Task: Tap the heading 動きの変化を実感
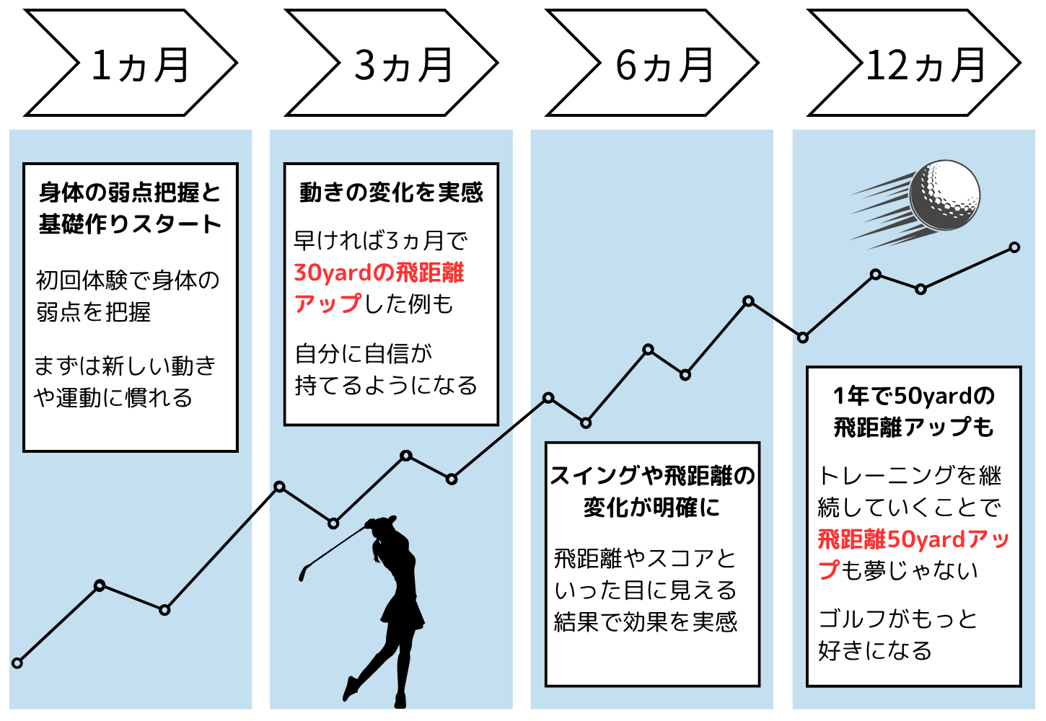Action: point(391,193)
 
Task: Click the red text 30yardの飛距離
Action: point(379,273)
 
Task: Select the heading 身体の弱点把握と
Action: point(130,193)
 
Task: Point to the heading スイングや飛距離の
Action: point(652,476)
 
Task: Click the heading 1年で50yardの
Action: point(914,396)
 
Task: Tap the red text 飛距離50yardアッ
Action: point(913,539)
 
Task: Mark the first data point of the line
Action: point(17,663)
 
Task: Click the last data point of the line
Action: point(1014,247)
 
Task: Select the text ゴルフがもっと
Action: point(898,619)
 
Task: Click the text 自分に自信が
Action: point(364,353)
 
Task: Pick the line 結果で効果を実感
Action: point(646,622)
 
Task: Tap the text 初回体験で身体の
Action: point(128,280)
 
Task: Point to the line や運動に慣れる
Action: point(113,397)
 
